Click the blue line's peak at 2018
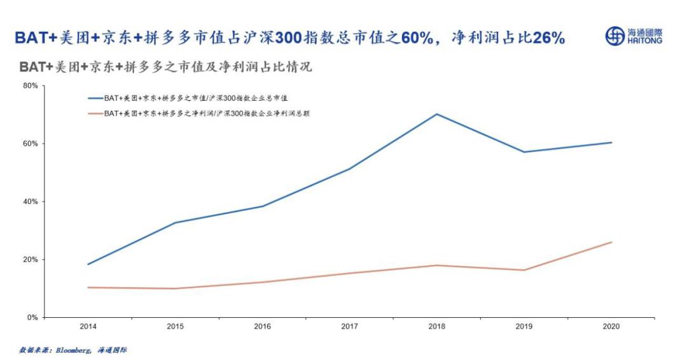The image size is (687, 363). point(437,114)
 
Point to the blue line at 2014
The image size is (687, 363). point(88,264)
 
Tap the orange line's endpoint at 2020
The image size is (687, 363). point(611,242)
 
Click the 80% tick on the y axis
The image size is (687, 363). point(31,85)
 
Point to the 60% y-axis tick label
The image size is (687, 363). point(31,143)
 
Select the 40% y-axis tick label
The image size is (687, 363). point(31,201)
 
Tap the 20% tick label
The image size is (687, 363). point(31,259)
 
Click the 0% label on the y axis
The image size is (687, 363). point(33,317)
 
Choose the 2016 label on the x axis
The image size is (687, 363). point(262,327)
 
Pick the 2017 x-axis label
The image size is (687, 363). point(350,327)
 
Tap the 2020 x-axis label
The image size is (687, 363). point(611,327)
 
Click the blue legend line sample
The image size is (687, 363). point(95,98)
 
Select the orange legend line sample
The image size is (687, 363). point(95,113)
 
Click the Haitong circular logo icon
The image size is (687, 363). point(614,36)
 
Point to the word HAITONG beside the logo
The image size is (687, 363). point(644,41)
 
